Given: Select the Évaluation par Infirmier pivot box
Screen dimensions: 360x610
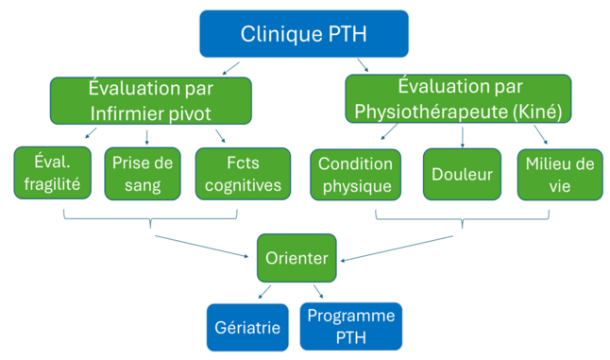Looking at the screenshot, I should pyautogui.click(x=151, y=100).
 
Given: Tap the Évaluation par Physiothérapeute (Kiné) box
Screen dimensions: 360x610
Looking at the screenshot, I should pyautogui.click(x=459, y=99).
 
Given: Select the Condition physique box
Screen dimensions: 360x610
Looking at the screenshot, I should pyautogui.click(x=355, y=174).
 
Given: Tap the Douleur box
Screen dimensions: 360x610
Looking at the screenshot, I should pyautogui.click(x=462, y=174).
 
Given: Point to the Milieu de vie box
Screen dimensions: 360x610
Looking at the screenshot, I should pyautogui.click(x=559, y=174).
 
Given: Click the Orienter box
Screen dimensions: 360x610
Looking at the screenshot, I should pyautogui.click(x=297, y=258).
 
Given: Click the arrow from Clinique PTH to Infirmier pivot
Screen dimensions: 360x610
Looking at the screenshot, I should pyautogui.click(x=229, y=67).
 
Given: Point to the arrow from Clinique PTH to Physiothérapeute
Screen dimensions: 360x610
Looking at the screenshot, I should pyautogui.click(x=363, y=65).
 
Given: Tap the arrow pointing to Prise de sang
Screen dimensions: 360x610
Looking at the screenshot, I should pyautogui.click(x=147, y=136).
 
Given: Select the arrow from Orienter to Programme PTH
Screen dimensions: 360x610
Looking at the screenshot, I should pyautogui.click(x=319, y=292).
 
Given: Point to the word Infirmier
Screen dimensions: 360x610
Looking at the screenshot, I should pyautogui.click(x=126, y=112).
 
